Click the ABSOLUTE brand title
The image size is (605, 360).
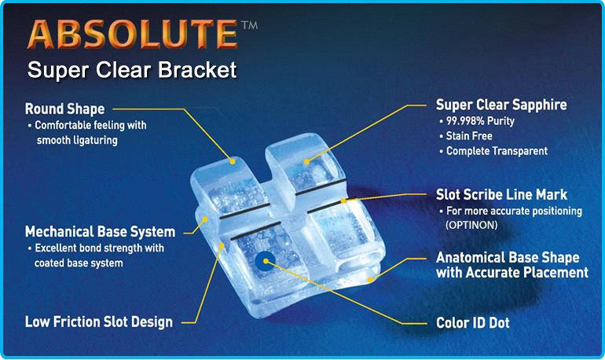(132, 34)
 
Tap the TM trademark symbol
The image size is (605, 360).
(249, 25)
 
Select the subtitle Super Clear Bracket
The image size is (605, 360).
(132, 70)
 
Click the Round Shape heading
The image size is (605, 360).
(64, 108)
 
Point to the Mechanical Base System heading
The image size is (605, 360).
(100, 232)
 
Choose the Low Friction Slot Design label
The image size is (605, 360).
(99, 321)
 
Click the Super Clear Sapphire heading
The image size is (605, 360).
(501, 105)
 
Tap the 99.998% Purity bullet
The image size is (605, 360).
(477, 121)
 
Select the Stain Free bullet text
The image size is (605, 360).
(466, 136)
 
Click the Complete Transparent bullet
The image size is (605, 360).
(493, 151)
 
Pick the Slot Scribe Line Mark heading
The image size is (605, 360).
(501, 194)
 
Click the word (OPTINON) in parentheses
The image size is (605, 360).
(471, 225)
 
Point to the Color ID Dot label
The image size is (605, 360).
(473, 322)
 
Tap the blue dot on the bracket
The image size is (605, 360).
(266, 261)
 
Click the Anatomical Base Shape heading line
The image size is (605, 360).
(508, 257)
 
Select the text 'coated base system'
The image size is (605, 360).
(79, 263)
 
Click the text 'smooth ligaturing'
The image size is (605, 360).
(77, 140)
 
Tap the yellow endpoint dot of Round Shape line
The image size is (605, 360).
(233, 161)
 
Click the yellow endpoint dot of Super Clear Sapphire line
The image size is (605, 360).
(306, 162)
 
